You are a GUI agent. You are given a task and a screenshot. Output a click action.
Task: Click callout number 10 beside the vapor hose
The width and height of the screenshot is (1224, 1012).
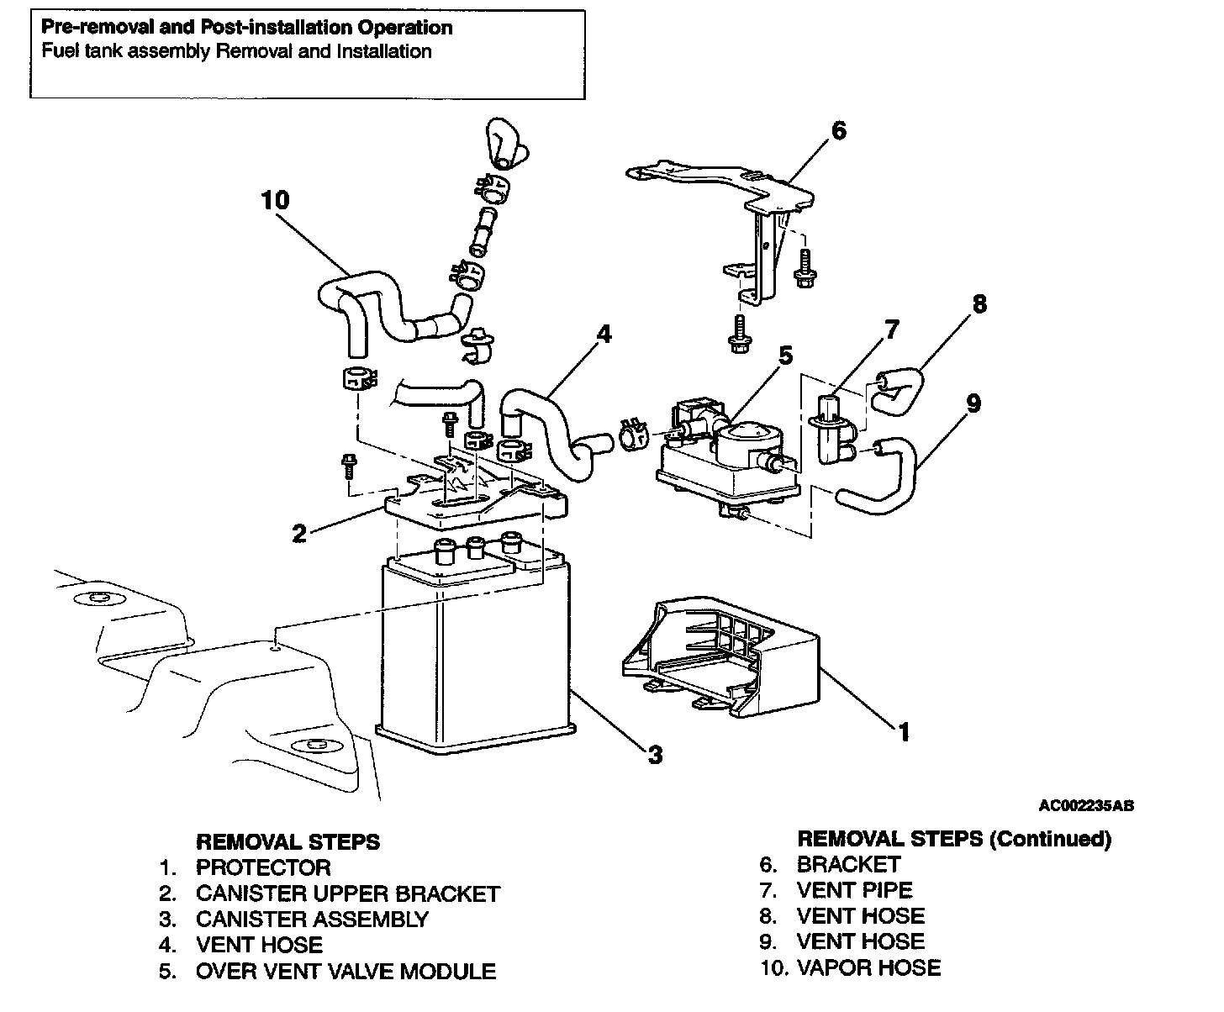click(x=275, y=200)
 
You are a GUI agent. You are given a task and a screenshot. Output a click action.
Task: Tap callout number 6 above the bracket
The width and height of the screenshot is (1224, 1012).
click(x=838, y=131)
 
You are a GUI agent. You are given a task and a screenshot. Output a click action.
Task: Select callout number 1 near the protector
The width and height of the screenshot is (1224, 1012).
click(x=904, y=732)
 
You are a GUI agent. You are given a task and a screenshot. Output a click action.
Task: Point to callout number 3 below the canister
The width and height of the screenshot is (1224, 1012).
click(x=655, y=754)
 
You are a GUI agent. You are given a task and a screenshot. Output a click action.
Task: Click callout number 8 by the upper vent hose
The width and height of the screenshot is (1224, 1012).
click(x=979, y=303)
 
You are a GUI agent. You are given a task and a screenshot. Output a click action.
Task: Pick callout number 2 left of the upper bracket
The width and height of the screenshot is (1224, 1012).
click(x=299, y=533)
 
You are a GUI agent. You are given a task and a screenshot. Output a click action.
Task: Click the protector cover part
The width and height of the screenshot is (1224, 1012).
click(x=723, y=656)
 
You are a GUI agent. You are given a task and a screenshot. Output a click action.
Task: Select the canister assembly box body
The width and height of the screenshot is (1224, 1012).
click(x=475, y=656)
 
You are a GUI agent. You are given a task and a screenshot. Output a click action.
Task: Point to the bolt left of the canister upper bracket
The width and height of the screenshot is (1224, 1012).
click(x=346, y=466)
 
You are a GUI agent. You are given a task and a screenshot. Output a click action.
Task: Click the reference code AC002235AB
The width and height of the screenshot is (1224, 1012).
click(x=1086, y=805)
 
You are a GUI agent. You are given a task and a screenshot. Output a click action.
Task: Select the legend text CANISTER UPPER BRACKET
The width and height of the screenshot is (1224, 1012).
click(x=347, y=894)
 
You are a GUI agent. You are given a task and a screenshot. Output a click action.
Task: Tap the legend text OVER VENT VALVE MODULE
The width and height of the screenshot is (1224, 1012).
click(x=346, y=972)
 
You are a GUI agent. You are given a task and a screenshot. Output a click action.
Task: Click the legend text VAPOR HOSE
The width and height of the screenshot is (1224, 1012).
click(x=868, y=967)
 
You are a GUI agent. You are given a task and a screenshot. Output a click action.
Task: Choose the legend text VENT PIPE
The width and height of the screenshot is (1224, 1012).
click(x=854, y=890)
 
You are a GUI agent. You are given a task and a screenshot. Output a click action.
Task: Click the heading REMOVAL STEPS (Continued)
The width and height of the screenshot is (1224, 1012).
click(x=953, y=839)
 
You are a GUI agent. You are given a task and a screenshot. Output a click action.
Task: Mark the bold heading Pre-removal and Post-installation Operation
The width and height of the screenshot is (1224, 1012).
click(x=246, y=28)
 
